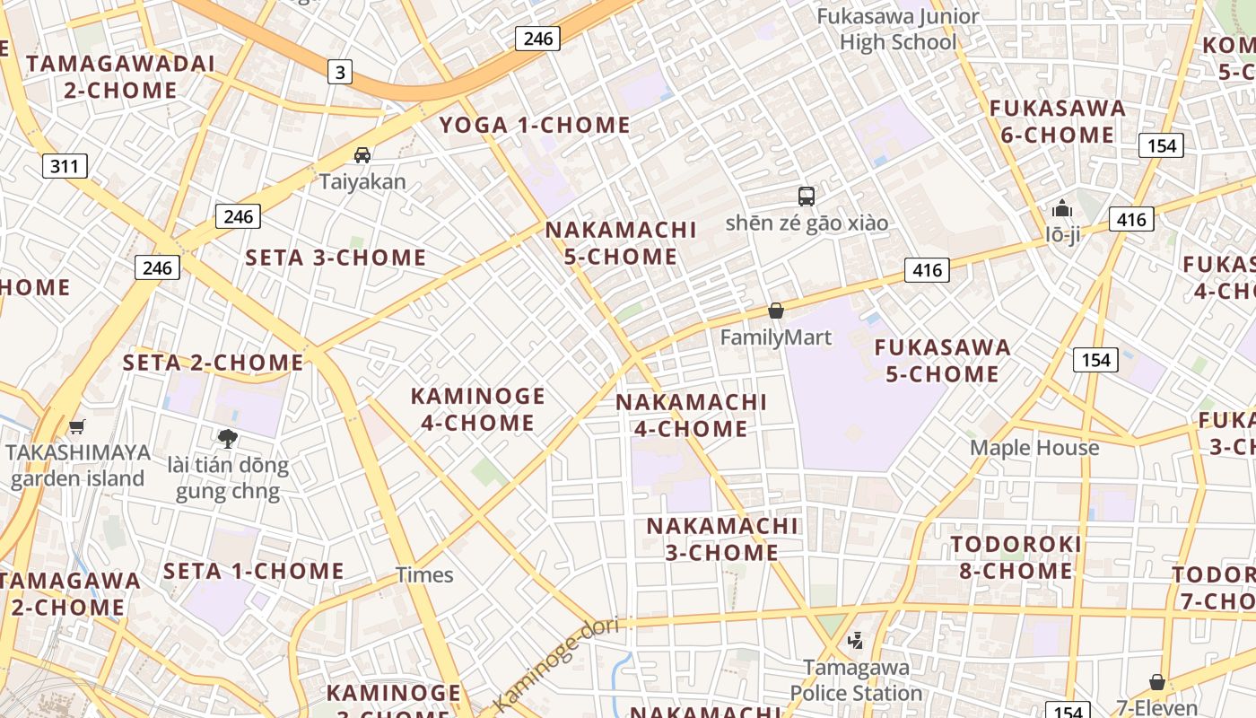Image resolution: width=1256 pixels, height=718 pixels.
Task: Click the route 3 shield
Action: pos(339,72)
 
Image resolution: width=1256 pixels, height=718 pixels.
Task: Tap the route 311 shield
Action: pos(65,165)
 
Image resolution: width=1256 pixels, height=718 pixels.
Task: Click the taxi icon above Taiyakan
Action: pos(362,154)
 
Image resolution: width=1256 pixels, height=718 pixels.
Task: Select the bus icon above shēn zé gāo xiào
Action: pos(807,196)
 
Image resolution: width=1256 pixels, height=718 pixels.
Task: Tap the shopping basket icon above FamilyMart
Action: pos(776,311)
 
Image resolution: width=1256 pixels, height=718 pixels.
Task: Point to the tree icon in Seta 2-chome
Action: pos(228,438)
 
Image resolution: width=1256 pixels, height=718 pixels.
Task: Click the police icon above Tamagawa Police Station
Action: pos(855,640)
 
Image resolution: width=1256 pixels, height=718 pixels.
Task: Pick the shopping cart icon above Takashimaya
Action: pos(77,426)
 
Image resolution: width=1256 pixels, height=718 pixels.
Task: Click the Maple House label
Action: pos(1034,447)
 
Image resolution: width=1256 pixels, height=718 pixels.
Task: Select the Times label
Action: pos(424,574)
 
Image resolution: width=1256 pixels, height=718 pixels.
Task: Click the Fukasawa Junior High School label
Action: pos(898,29)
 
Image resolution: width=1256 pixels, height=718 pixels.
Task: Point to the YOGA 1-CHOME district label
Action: pos(535,125)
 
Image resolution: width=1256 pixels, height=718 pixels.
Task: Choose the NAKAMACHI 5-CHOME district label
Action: pos(621,243)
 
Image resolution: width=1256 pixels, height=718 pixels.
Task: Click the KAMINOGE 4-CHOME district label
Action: pos(478,409)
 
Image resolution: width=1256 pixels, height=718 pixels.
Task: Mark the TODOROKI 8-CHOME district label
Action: pos(1016,557)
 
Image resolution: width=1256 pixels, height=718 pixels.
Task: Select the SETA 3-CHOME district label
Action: pos(336,258)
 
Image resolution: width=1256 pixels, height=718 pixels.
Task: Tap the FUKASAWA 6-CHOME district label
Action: pos(1057,121)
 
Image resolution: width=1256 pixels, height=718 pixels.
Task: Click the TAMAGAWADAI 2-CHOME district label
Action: pos(120,76)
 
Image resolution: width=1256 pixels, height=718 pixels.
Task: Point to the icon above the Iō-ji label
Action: pos(1062,209)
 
